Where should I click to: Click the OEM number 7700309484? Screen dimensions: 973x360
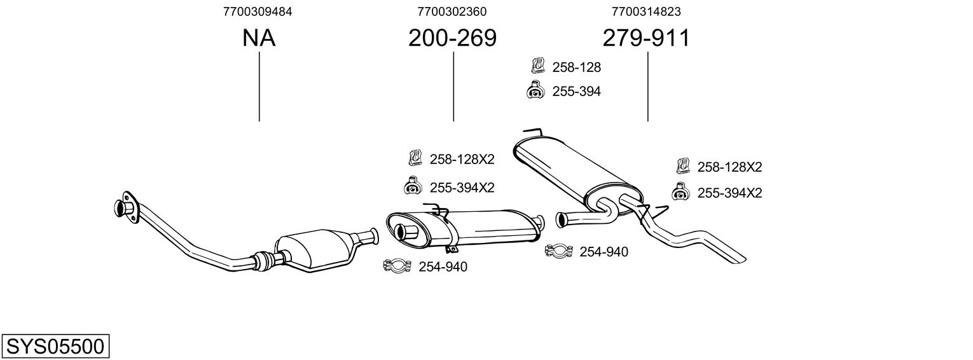click(x=258, y=11)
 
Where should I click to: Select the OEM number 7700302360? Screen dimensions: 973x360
click(x=452, y=11)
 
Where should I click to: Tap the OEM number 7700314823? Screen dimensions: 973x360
click(x=646, y=11)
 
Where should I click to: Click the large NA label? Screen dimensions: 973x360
click(x=259, y=38)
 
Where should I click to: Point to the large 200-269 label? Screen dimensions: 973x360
click(x=452, y=38)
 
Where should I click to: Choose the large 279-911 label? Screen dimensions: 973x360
click(x=646, y=38)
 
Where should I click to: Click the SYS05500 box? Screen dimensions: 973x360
click(x=55, y=346)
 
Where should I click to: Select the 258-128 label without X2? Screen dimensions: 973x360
click(x=576, y=67)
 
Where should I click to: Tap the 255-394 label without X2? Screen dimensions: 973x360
click(x=576, y=92)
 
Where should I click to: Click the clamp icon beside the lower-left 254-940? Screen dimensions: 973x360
click(x=397, y=265)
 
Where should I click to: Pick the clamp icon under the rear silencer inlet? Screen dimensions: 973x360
click(x=559, y=251)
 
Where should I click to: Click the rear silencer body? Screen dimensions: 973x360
click(x=577, y=174)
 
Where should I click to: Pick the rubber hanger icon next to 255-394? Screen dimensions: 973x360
click(x=535, y=90)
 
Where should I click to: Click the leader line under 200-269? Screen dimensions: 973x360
click(x=453, y=87)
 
